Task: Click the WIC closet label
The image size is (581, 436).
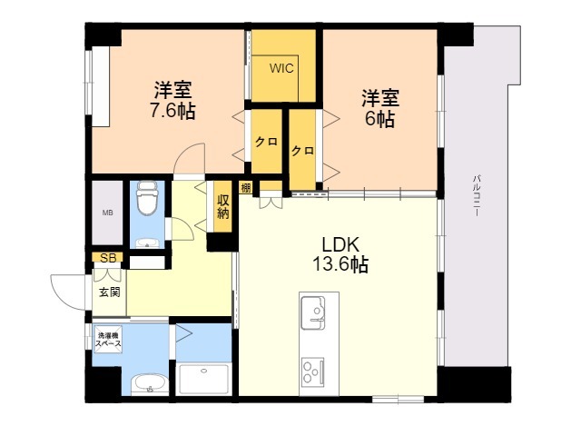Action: pyautogui.click(x=281, y=68)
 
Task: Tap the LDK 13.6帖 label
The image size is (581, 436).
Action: pyautogui.click(x=340, y=254)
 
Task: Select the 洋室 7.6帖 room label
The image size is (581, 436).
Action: pyautogui.click(x=172, y=100)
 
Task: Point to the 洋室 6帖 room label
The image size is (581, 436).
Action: pyautogui.click(x=380, y=108)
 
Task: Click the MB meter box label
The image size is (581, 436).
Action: pyautogui.click(x=107, y=213)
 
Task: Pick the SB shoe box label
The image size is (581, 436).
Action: pyautogui.click(x=108, y=258)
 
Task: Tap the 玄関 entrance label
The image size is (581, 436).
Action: pyautogui.click(x=110, y=292)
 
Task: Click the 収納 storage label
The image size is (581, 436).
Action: pyautogui.click(x=223, y=206)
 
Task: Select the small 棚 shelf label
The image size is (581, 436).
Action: pyautogui.click(x=245, y=188)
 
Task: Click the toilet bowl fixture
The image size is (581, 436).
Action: pyautogui.click(x=147, y=198)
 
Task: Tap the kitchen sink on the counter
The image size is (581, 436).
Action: pyautogui.click(x=312, y=312)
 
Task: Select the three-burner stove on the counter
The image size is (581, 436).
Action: pyautogui.click(x=312, y=372)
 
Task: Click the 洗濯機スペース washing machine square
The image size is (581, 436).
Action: pyautogui.click(x=108, y=339)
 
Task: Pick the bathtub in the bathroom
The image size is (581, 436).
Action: pyautogui.click(x=203, y=380)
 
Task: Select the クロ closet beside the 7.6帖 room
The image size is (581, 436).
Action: pyautogui.click(x=266, y=142)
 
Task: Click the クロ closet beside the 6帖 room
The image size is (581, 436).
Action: pyautogui.click(x=302, y=150)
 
